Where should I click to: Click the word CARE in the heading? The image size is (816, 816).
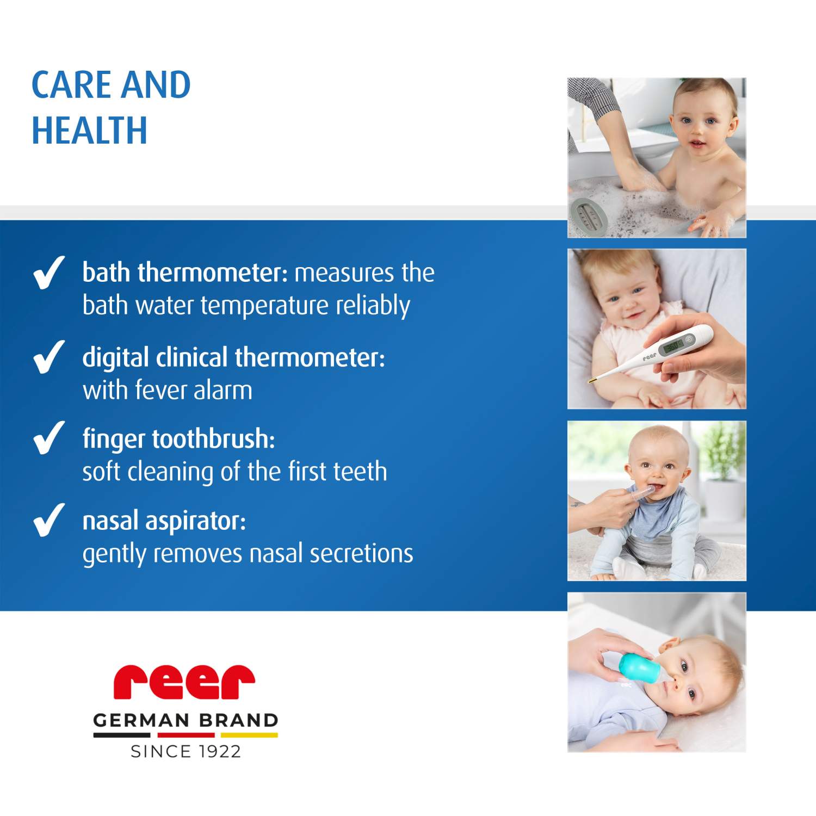70,85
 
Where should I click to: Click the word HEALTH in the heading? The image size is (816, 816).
89,131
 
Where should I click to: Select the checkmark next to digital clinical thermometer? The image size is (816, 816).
49,357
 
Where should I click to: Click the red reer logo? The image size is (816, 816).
184,682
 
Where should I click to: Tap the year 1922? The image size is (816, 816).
219,751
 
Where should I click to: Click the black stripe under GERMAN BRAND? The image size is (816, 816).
121,735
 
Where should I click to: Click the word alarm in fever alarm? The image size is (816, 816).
223,390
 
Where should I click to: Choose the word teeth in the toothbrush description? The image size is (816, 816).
360,471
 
